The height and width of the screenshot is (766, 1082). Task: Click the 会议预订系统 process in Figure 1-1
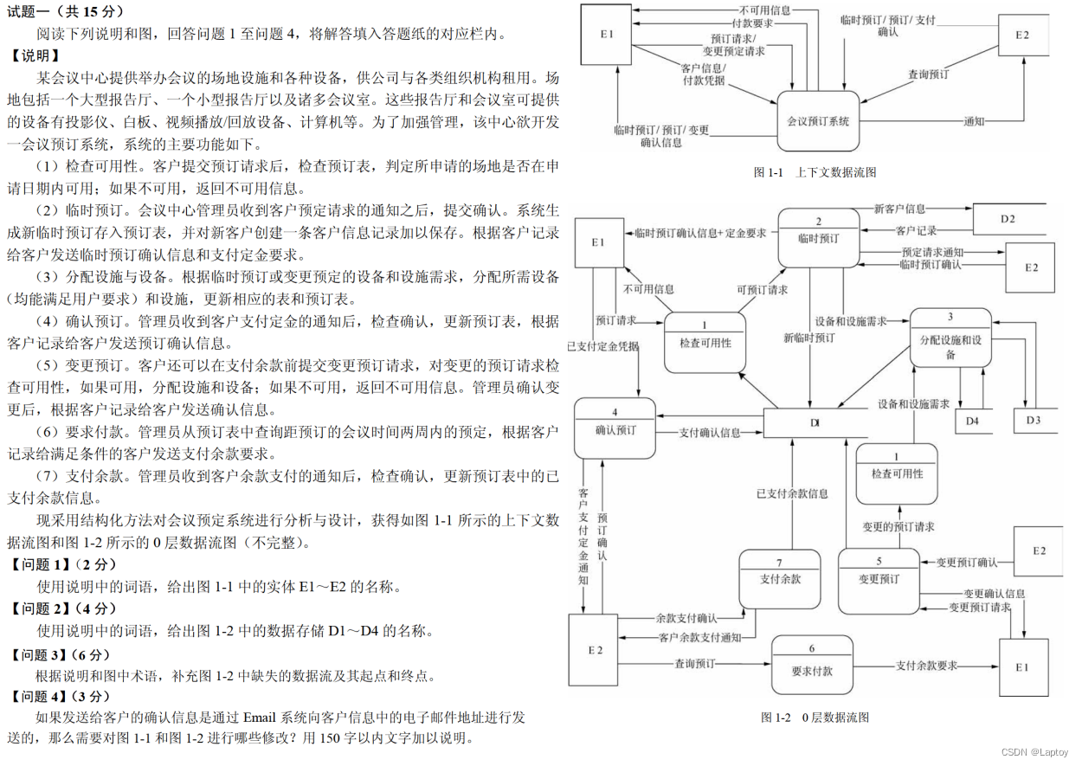[x=818, y=121]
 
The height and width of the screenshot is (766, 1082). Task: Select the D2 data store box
[x=1008, y=219]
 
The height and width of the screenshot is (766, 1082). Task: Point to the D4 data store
[x=973, y=421]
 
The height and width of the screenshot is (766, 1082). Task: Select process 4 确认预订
[x=615, y=428]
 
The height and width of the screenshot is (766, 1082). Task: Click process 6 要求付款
[x=812, y=664]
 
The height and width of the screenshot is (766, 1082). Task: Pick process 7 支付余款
[x=780, y=578]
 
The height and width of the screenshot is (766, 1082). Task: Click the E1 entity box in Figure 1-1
[x=607, y=35]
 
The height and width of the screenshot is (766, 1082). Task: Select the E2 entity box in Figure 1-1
[x=1022, y=35]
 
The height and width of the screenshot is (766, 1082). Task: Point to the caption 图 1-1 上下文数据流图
[x=815, y=172]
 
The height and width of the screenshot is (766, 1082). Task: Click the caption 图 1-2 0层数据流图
[x=815, y=718]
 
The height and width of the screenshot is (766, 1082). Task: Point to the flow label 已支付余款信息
[x=792, y=493]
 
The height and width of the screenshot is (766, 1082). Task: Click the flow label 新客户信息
[x=899, y=209]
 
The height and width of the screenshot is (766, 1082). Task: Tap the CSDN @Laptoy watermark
[x=1035, y=752]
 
